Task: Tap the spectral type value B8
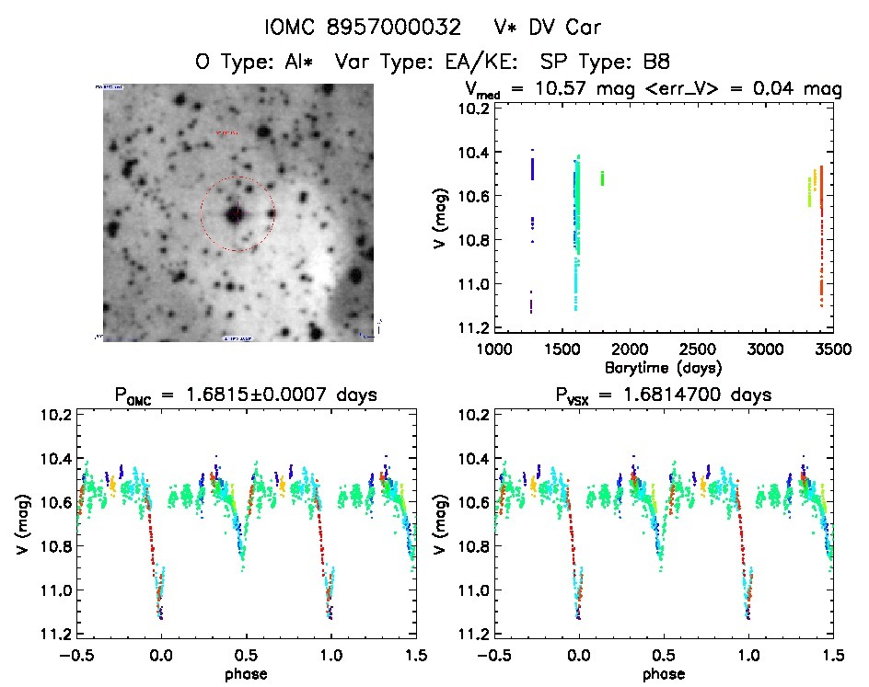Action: (x=656, y=62)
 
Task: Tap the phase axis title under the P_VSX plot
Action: (x=664, y=673)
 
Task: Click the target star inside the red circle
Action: (x=235, y=214)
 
